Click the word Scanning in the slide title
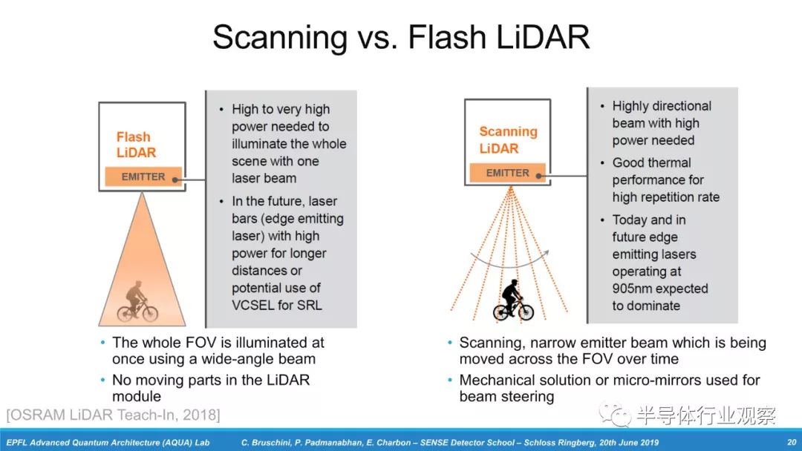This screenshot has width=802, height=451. coord(280,37)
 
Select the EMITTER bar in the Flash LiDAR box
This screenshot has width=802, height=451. coord(143,177)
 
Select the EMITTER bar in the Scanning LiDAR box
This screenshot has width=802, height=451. coord(507,173)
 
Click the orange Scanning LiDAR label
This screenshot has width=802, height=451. coord(508,140)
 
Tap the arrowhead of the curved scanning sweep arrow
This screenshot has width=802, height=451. coord(546,254)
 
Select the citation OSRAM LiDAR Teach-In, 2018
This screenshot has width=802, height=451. coord(113,415)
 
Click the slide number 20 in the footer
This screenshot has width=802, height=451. coord(792,442)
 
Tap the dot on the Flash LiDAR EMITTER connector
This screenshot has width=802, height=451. coord(175,180)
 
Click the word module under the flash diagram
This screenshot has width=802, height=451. coord(137,396)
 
